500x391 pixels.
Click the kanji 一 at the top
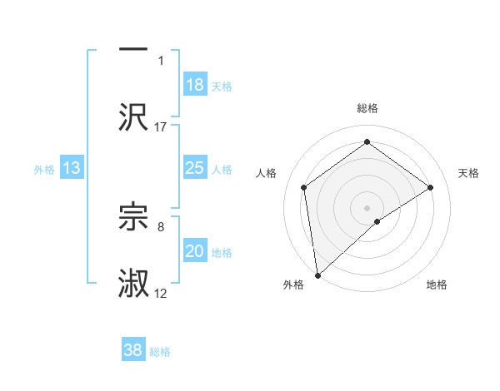coord(134,49)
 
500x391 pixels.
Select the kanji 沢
coord(134,116)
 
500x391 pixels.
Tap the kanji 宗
coord(134,216)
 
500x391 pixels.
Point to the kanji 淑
coord(134,284)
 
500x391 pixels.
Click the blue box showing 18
coord(195,85)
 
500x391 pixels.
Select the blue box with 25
coord(195,168)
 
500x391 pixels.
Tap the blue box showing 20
coord(195,251)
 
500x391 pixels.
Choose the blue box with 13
coord(72,168)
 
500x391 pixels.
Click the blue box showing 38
coord(133,350)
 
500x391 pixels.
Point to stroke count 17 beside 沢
coord(161,126)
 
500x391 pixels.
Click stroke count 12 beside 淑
coord(161,294)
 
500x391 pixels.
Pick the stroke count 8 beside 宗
coord(161,226)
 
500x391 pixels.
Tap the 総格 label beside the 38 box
coord(160,352)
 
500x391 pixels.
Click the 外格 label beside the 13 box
coord(44,170)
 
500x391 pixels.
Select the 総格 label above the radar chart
coord(367,108)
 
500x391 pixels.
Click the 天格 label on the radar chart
coord(468,173)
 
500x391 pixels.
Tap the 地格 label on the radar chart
coord(437,285)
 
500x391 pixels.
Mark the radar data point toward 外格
coord(317,275)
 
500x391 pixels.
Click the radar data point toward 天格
coord(431,187)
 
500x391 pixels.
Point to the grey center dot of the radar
coord(367,207)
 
